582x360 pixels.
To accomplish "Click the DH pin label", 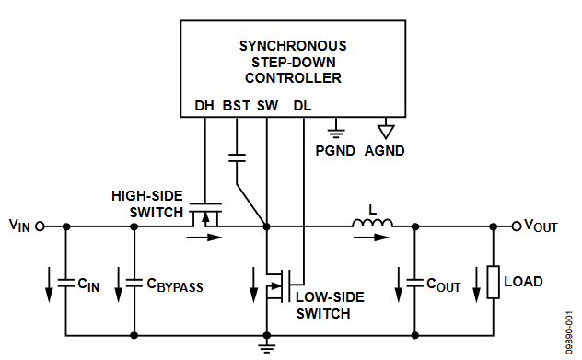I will tap(204, 106).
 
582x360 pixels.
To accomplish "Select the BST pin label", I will tap(237, 106).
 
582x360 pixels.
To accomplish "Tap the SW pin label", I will tap(267, 106).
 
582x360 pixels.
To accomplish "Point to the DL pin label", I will tap(302, 106).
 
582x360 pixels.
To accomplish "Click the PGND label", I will tap(334, 150).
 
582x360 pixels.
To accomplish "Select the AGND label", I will tap(384, 150).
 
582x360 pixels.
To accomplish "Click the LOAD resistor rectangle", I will tap(495, 281).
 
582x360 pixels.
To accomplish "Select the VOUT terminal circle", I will tap(517, 226).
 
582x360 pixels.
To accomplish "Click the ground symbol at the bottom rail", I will tap(266, 347).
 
